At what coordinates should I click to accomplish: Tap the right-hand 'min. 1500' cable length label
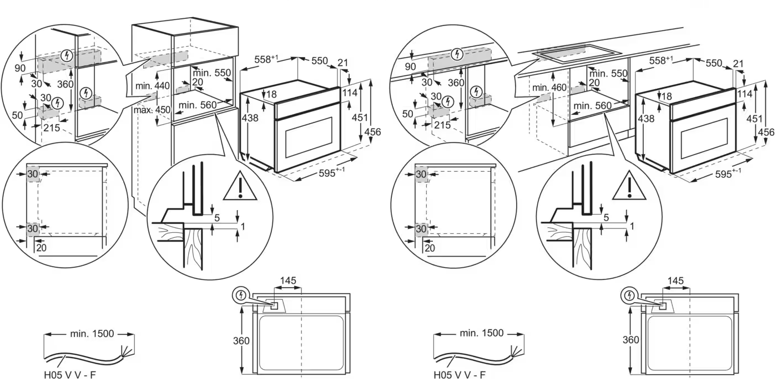click(482, 333)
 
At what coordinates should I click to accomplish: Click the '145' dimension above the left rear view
click(288, 282)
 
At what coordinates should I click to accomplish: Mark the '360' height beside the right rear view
click(630, 340)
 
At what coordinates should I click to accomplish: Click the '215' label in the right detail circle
click(442, 125)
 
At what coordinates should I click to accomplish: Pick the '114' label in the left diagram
click(350, 93)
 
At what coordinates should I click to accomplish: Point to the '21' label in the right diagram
click(738, 64)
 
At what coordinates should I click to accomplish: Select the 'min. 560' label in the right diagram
click(592, 105)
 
